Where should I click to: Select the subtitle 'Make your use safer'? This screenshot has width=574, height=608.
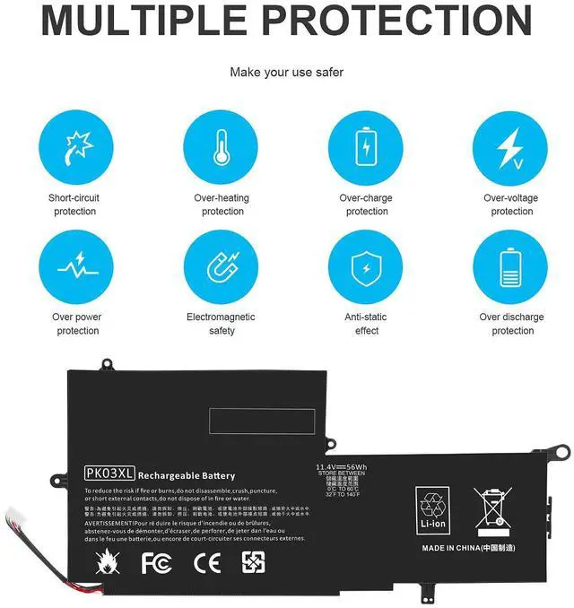point(286,72)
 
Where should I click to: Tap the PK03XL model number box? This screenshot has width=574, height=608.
point(109,474)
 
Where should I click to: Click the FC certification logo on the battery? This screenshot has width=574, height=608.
point(155,563)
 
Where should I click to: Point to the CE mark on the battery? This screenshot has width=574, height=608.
point(203,563)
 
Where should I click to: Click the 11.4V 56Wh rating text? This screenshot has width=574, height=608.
point(341,466)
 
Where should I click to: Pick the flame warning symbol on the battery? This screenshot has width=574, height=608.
point(104,563)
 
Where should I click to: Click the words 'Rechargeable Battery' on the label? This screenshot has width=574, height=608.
point(187,475)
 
